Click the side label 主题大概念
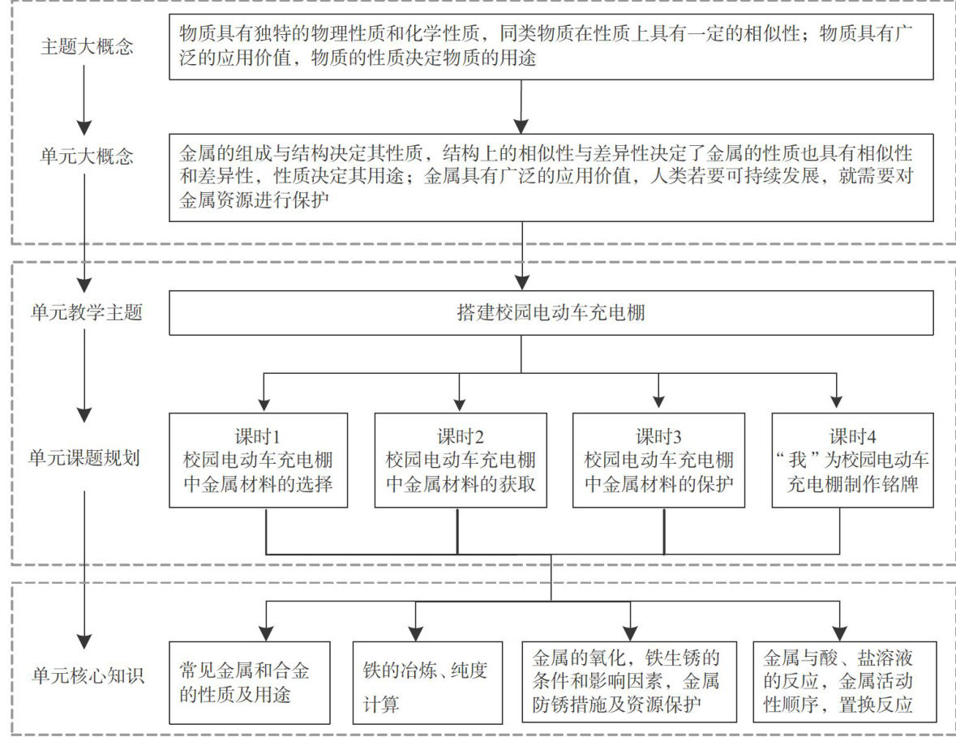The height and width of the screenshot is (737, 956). tap(87, 46)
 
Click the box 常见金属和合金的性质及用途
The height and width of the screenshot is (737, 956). tap(250, 681)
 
